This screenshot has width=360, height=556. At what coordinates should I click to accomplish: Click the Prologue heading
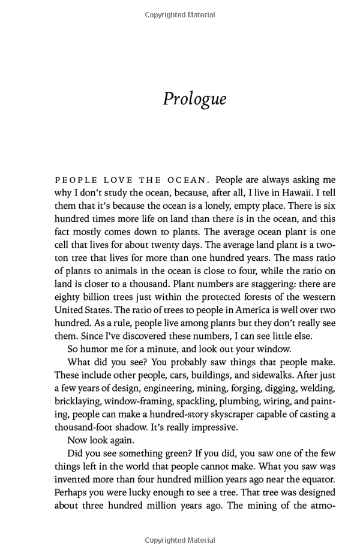[194, 98]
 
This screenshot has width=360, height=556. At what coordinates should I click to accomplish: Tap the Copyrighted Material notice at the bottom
[181, 540]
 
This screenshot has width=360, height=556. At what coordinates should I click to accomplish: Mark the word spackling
[196, 401]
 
